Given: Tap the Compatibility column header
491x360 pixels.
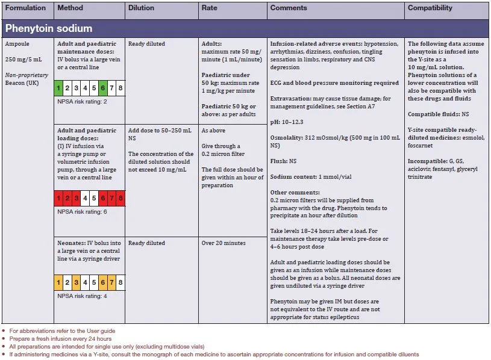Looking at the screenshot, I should pos(430,8).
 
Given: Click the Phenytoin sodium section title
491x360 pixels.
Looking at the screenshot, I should pos(48,28).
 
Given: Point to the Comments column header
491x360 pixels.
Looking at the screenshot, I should pos(289,8).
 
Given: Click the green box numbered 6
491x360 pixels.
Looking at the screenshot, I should pos(103,88).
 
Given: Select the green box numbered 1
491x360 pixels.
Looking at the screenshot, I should pos(58,88).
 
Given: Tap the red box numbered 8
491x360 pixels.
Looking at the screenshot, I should pos(120,198).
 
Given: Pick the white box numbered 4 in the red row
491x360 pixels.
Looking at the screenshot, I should pos(85,198).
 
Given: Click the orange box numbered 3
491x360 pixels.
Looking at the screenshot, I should pos(76,282).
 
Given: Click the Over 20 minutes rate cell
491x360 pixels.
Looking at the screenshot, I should pos(224,243).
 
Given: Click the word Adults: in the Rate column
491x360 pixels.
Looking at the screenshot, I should pos(212,44).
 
